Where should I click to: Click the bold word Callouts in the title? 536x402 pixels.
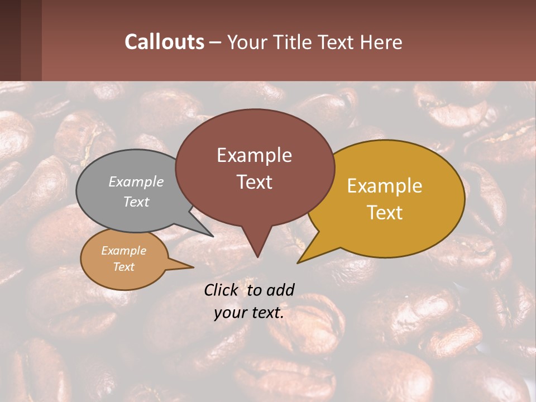(164, 42)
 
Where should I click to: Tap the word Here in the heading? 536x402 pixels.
(381, 42)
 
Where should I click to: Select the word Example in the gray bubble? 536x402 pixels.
(136, 181)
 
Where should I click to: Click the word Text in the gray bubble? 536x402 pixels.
(136, 202)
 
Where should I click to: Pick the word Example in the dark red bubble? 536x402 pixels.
(254, 155)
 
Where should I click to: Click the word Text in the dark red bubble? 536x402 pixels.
(254, 181)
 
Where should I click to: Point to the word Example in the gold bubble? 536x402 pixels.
(385, 186)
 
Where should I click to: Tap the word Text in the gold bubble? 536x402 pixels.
(385, 212)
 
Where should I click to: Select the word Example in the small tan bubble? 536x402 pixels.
(123, 251)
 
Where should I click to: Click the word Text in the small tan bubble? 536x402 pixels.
(123, 267)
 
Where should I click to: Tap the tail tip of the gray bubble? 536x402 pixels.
(213, 236)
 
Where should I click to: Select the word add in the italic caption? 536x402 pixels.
(280, 290)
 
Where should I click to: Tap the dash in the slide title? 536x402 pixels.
(215, 43)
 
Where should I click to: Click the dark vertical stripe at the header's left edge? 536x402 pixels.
(10, 40)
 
